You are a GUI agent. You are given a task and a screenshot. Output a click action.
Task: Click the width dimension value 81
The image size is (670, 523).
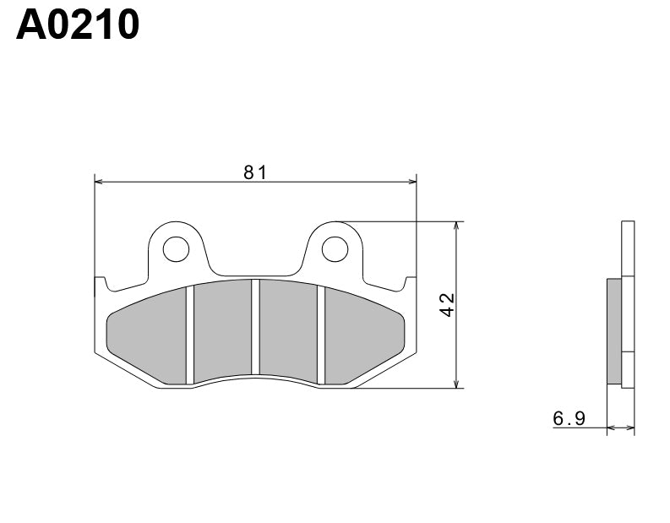point(255,172)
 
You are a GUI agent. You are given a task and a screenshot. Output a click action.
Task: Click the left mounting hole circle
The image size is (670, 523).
point(176,248)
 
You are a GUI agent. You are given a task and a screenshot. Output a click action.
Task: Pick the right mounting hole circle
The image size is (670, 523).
point(335,248)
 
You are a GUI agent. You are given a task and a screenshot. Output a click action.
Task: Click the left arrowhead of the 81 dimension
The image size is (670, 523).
point(98,181)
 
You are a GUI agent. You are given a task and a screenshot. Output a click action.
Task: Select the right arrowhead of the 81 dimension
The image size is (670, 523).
point(413,181)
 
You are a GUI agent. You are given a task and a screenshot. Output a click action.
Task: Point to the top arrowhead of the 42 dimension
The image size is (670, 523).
point(456,226)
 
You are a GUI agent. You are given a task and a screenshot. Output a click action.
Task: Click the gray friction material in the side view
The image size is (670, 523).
point(614,330)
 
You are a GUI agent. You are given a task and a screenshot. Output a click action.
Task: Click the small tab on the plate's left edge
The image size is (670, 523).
point(98,285)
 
